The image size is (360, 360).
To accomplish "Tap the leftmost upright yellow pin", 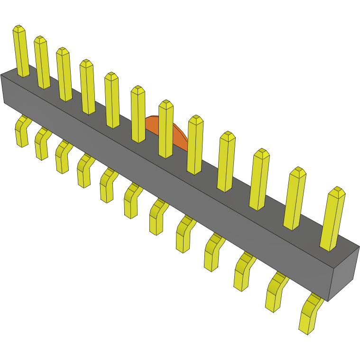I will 21,52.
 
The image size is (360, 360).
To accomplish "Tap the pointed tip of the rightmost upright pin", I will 337,191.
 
